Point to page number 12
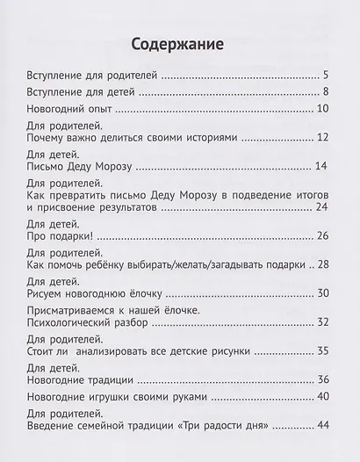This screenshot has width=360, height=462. [x=322, y=139]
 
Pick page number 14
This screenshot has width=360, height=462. [x=322, y=169]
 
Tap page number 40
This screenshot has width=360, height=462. [x=322, y=397]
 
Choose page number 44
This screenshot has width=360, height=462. [x=322, y=425]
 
